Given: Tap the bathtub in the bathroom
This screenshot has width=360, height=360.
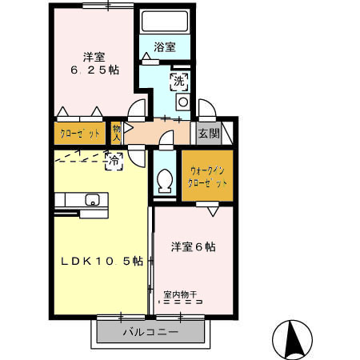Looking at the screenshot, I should pyautogui.click(x=164, y=22).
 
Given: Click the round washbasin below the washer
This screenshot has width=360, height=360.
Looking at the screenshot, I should pyautogui.click(x=182, y=102).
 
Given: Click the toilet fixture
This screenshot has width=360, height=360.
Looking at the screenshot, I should pyautogui.click(x=166, y=181).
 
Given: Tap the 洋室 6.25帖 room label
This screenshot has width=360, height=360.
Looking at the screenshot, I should pyautogui.click(x=93, y=63).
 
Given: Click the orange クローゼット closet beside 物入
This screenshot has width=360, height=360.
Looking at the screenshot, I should pyautogui.click(x=78, y=133).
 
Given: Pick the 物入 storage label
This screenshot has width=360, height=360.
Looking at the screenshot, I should pyautogui.click(x=117, y=132).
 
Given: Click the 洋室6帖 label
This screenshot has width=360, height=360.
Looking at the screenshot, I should pyautogui.click(x=192, y=247).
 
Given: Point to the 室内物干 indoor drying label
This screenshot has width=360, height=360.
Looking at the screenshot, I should pyautogui.click(x=183, y=294).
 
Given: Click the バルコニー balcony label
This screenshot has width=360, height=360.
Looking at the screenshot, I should pyautogui.click(x=150, y=331).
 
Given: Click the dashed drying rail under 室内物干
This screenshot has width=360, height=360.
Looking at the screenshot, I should pyautogui.click(x=183, y=303).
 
